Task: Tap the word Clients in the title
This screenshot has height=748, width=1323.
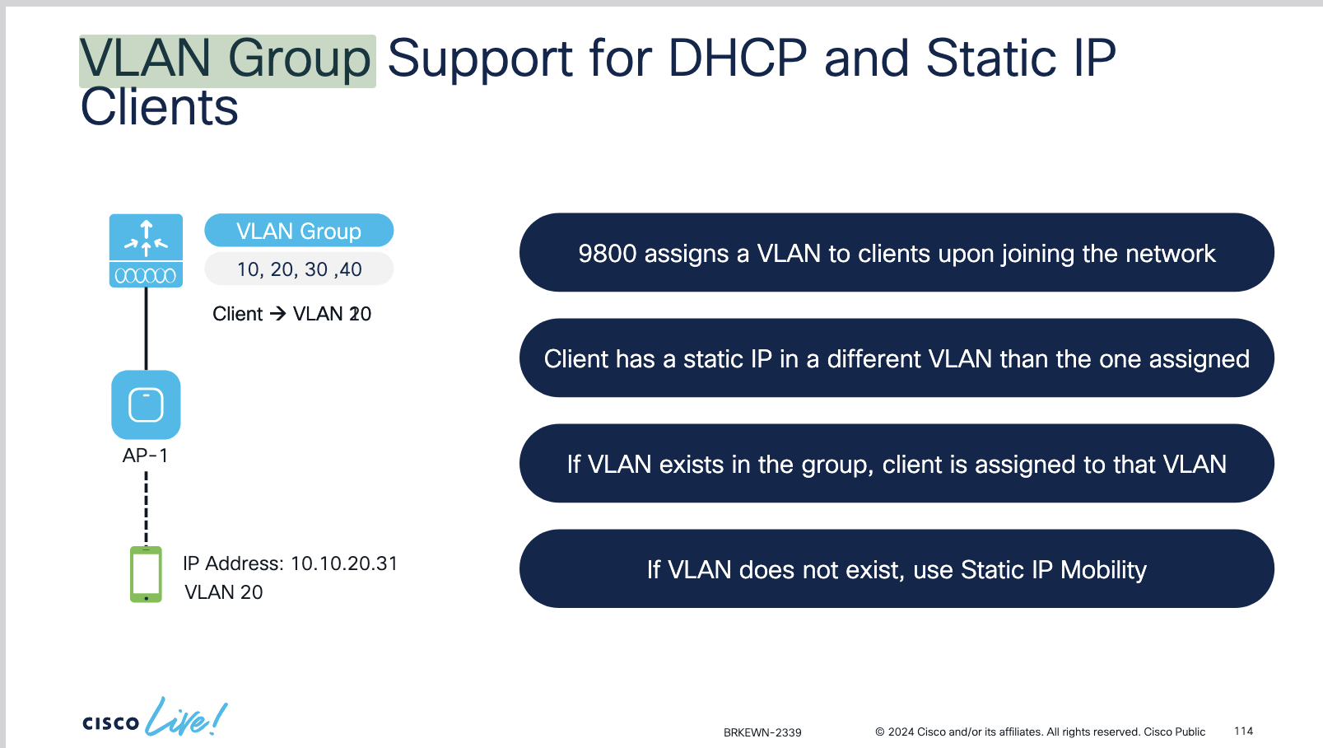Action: (x=159, y=107)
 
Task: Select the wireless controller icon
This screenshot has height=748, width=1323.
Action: (x=146, y=250)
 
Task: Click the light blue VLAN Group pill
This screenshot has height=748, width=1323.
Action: (x=299, y=231)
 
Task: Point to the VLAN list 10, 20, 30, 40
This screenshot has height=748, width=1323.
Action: (x=299, y=269)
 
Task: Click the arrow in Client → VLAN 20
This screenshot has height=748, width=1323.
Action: (x=277, y=314)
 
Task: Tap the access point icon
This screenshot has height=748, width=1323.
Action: (x=146, y=404)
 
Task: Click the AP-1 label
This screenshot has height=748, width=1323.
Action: (x=145, y=456)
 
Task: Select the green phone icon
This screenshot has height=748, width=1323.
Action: (x=146, y=574)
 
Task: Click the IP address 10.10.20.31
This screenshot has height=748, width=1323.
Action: (x=344, y=563)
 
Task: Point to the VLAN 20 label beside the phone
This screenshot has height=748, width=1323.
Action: (x=224, y=592)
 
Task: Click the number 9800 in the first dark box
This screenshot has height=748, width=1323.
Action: (x=607, y=254)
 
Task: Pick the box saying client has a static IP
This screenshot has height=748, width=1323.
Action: (x=897, y=358)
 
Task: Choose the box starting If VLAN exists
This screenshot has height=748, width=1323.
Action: (x=897, y=463)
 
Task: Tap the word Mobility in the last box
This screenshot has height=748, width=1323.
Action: (x=1103, y=570)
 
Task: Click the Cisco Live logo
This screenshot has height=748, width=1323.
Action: (x=155, y=718)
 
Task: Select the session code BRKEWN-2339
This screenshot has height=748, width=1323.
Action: (x=762, y=732)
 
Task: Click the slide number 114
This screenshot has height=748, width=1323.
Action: (x=1243, y=731)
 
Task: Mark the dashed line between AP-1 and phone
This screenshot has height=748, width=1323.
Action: (x=146, y=509)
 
